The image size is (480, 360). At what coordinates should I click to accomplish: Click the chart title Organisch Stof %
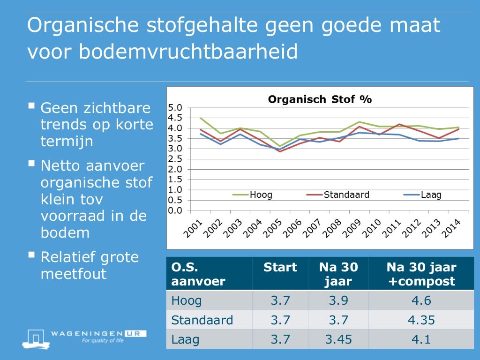pyautogui.click(x=319, y=99)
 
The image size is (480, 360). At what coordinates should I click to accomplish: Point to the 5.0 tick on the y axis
pyautogui.click(x=175, y=108)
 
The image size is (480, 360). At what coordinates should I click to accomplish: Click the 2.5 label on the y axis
pyautogui.click(x=175, y=159)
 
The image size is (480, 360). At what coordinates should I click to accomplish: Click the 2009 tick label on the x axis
pyautogui.click(x=352, y=229)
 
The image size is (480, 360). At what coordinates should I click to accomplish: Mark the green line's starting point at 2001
pyautogui.click(x=201, y=118)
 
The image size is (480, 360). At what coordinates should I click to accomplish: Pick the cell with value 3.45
pyautogui.click(x=338, y=339)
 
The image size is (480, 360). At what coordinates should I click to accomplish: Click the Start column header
pyautogui.click(x=280, y=267)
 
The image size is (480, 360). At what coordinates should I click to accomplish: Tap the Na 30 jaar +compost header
pyautogui.click(x=421, y=274)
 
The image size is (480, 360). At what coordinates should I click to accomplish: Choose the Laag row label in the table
pyautogui.click(x=185, y=339)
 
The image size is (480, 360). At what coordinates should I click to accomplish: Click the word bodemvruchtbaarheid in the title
pyautogui.click(x=188, y=52)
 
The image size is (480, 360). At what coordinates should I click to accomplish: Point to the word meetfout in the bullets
pyautogui.click(x=74, y=274)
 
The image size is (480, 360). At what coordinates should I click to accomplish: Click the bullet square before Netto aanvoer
pyautogui.click(x=31, y=164)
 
